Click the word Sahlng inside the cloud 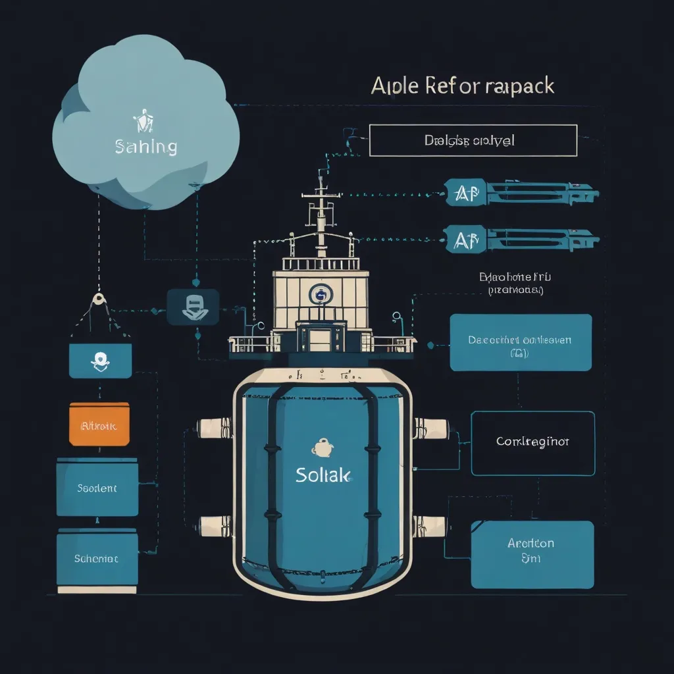coord(145,146)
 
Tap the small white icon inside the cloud coord(143,122)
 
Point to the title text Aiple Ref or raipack coord(462,86)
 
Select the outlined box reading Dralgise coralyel coord(473,140)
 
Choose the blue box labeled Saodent coord(97,488)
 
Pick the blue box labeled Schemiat coord(97,558)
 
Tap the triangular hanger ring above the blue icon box coord(99,299)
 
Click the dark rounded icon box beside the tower coord(193,306)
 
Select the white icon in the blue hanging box coord(100,359)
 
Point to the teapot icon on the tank coord(321,448)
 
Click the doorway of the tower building coord(320,339)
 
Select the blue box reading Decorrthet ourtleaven coord(520,342)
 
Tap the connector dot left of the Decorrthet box coord(429,344)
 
